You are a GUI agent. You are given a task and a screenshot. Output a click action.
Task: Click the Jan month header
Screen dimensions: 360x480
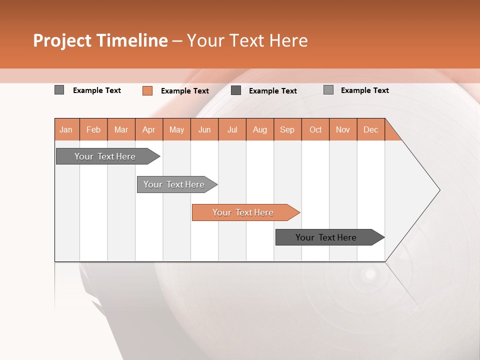tap(66, 129)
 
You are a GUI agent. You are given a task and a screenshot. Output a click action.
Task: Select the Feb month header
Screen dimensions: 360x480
tap(93, 129)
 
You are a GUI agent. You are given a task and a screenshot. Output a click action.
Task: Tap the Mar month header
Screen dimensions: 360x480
tap(121, 129)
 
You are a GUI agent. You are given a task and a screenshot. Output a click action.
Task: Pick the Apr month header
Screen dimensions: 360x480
tap(149, 129)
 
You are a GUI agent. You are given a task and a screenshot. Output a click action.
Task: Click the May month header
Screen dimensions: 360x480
tap(176, 129)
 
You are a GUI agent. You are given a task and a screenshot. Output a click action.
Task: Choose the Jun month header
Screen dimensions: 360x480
tap(204, 129)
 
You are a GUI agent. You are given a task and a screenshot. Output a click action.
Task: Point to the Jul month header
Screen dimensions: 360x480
tap(232, 129)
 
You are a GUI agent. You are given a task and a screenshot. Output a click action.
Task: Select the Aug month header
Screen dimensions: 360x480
tap(260, 129)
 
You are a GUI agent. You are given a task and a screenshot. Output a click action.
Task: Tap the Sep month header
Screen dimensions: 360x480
tap(287, 129)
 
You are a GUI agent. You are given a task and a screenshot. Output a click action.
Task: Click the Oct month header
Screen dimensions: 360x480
tap(315, 129)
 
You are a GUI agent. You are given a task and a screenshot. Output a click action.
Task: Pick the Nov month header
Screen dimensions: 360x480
tap(343, 129)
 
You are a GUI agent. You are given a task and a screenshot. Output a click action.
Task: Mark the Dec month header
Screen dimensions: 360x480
tap(371, 129)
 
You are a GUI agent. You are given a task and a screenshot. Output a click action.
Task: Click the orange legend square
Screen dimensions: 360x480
tap(147, 90)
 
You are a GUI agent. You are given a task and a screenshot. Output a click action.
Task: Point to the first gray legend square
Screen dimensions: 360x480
tap(59, 90)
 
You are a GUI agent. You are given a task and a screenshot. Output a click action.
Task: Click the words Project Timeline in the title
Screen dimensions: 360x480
tap(100, 40)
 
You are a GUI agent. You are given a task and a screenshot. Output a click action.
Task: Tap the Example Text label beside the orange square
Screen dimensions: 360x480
tap(185, 91)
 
